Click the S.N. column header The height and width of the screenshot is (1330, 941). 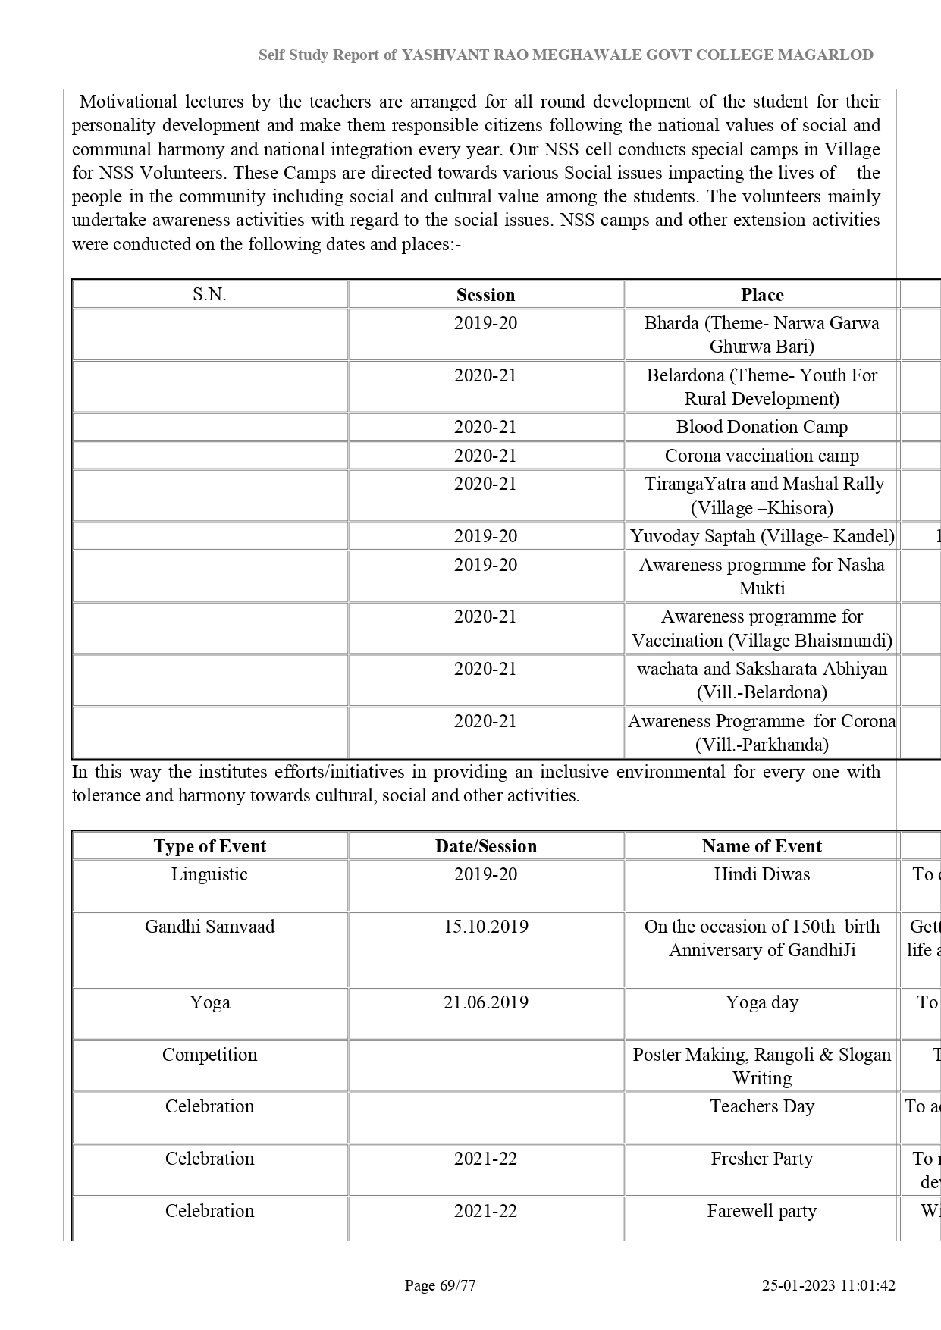click(x=209, y=295)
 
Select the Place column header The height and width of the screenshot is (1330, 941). click(x=762, y=295)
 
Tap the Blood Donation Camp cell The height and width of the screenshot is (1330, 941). click(x=762, y=427)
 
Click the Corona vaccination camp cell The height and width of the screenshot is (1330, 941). click(x=762, y=456)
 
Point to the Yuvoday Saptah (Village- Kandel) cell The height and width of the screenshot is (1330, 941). click(x=762, y=536)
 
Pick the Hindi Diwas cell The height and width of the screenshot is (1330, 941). click(x=762, y=874)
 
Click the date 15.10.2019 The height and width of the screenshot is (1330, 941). click(x=486, y=927)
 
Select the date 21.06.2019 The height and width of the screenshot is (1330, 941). click(x=486, y=1002)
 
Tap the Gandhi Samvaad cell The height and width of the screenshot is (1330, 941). click(x=209, y=927)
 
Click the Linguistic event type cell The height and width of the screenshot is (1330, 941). click(x=209, y=874)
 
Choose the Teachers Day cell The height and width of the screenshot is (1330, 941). click(x=762, y=1106)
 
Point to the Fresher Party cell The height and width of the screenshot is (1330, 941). click(x=762, y=1159)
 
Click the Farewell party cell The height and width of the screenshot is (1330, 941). click(x=762, y=1211)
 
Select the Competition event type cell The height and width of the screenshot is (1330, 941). click(x=209, y=1055)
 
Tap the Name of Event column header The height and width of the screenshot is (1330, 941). click(x=762, y=846)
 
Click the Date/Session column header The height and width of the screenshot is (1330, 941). click(x=486, y=846)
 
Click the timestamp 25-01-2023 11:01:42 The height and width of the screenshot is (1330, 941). click(x=829, y=1285)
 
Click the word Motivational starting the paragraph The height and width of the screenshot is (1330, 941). click(x=128, y=102)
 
